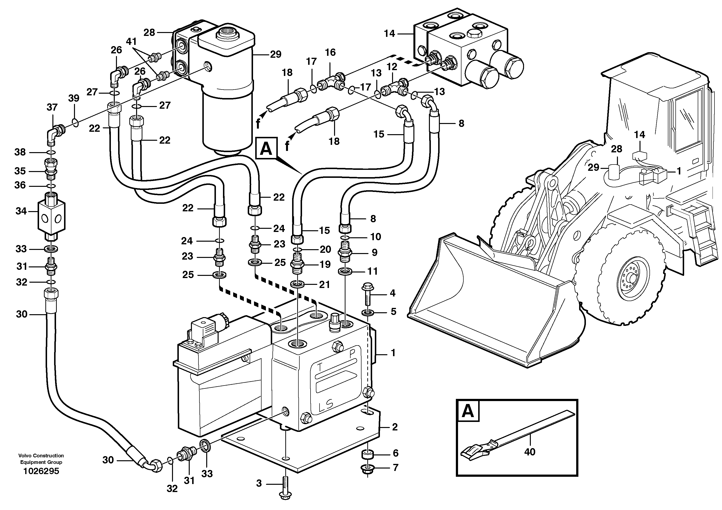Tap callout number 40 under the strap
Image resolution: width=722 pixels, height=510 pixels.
pos(530,452)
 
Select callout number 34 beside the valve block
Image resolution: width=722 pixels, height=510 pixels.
pos(21,211)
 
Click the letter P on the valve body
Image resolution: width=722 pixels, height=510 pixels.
pos(353,353)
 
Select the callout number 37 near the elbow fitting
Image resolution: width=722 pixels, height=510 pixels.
pos(52,107)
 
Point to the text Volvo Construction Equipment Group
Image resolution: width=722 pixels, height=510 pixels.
pos(41,459)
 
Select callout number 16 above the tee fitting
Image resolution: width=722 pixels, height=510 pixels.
pos(330,52)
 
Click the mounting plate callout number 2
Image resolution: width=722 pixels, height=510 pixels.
pos(395,427)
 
